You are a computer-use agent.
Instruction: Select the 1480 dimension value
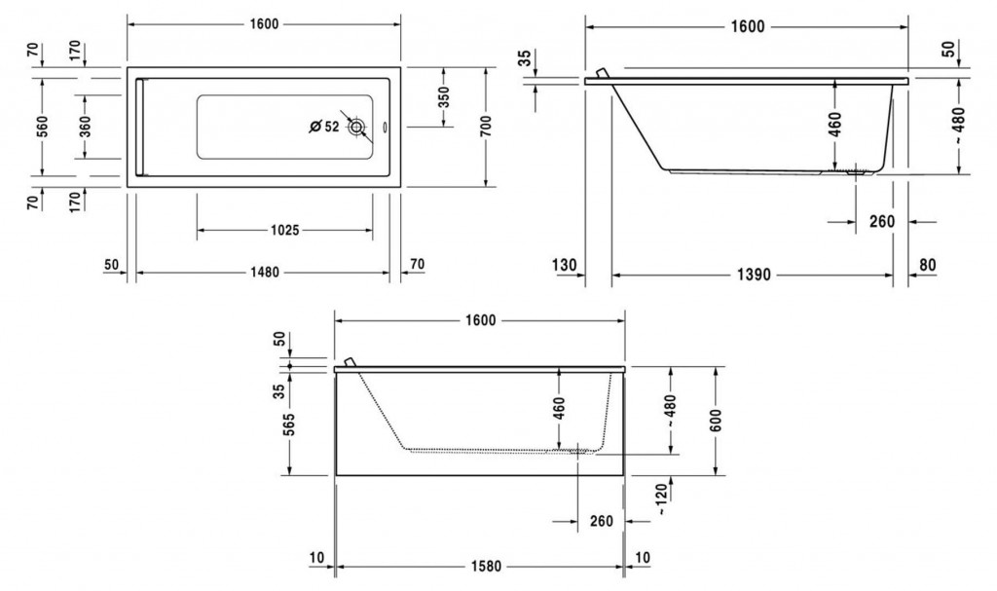click(262, 273)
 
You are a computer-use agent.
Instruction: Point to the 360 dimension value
click(85, 126)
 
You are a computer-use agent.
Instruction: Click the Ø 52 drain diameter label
click(323, 127)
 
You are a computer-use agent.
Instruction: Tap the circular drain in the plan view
click(357, 127)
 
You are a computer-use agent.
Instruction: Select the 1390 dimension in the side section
click(753, 275)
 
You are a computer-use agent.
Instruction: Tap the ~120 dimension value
click(662, 498)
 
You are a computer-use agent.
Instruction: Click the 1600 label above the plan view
click(264, 24)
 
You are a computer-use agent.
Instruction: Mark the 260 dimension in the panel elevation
click(602, 521)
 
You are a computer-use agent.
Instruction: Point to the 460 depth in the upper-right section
click(835, 124)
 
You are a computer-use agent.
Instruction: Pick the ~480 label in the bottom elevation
click(672, 411)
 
